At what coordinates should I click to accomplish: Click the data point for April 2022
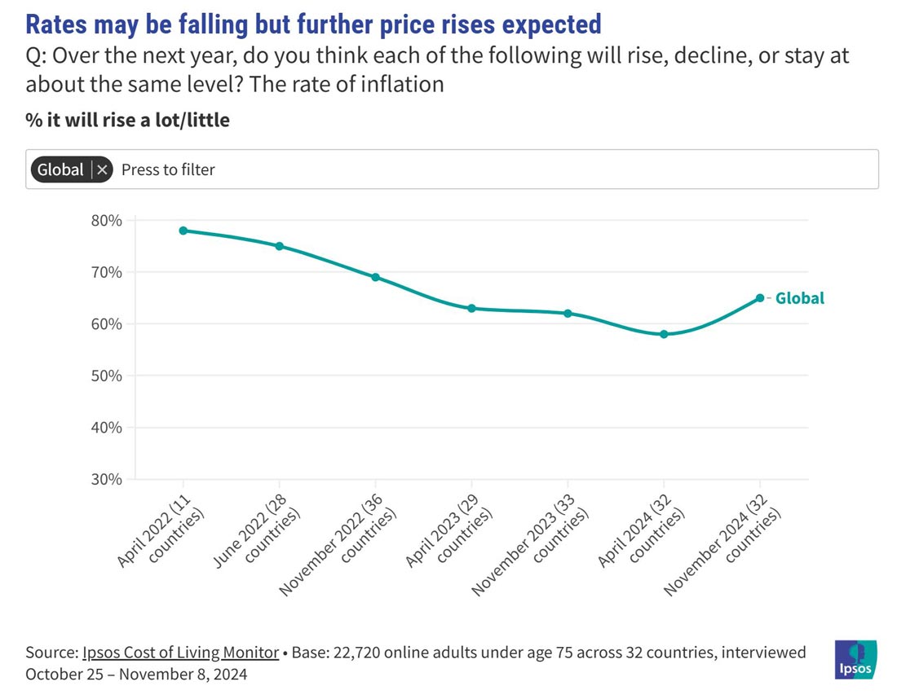pos(183,231)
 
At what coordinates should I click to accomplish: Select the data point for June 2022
pos(279,246)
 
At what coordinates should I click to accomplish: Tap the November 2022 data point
pos(375,277)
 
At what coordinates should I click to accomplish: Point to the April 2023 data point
pos(471,309)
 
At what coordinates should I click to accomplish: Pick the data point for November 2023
pos(568,314)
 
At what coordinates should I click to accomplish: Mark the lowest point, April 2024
pos(664,334)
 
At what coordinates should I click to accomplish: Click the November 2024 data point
pos(760,298)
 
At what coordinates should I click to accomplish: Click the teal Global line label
pos(800,298)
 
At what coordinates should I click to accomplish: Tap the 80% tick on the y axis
pos(106,221)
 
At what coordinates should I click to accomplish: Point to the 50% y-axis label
pos(106,376)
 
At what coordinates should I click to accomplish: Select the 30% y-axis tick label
pos(106,480)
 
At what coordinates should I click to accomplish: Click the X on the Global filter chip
pos(102,169)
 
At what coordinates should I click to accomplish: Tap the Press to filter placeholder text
pos(168,169)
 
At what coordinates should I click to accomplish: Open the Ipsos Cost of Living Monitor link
pos(181,653)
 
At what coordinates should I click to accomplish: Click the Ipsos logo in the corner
pos(855,660)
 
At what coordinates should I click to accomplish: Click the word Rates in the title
pos(56,24)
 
